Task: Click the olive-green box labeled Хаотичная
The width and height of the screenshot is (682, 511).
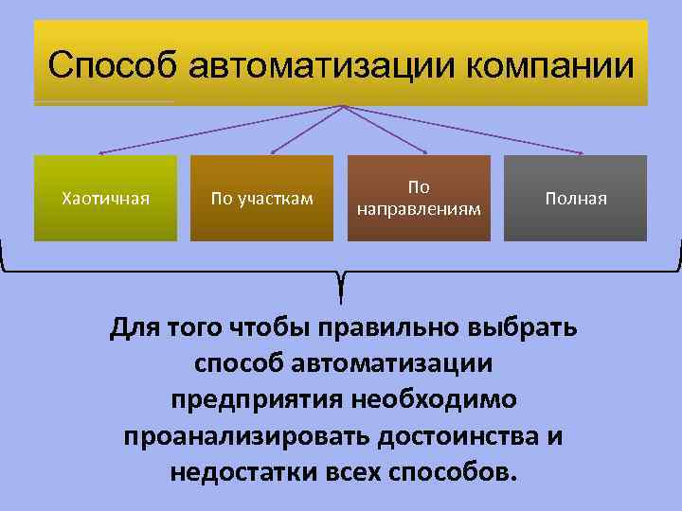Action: tap(105, 199)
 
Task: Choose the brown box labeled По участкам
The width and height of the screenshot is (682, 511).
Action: tap(261, 199)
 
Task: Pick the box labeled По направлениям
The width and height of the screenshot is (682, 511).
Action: tap(419, 198)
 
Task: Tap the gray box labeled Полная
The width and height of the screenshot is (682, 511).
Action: tap(575, 199)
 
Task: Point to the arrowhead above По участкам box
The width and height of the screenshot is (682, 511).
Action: tap(273, 151)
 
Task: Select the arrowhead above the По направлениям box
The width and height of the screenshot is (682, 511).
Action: tap(425, 151)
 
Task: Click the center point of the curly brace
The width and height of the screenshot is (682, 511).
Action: tap(341, 280)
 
